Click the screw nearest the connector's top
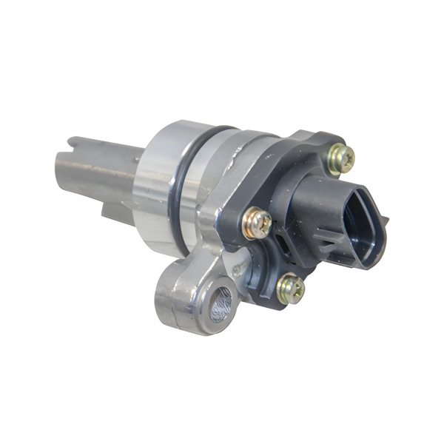[341, 157]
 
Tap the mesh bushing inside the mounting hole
[220, 306]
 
